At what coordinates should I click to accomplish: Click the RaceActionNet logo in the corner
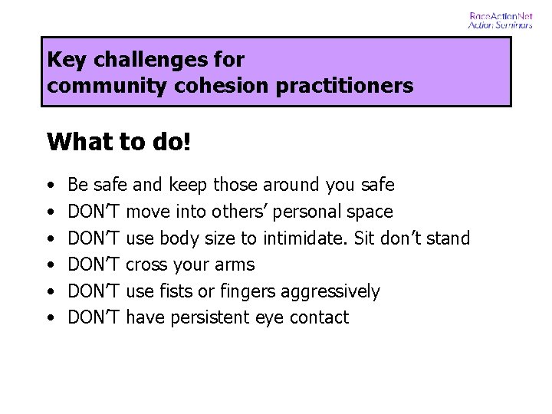click(500, 20)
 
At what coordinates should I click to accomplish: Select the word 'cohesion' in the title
click(192, 86)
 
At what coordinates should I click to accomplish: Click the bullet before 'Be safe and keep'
click(50, 186)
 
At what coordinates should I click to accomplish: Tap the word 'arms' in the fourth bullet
click(235, 265)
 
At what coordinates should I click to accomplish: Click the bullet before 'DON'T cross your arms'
click(50, 265)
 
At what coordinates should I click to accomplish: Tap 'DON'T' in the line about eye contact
click(94, 317)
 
